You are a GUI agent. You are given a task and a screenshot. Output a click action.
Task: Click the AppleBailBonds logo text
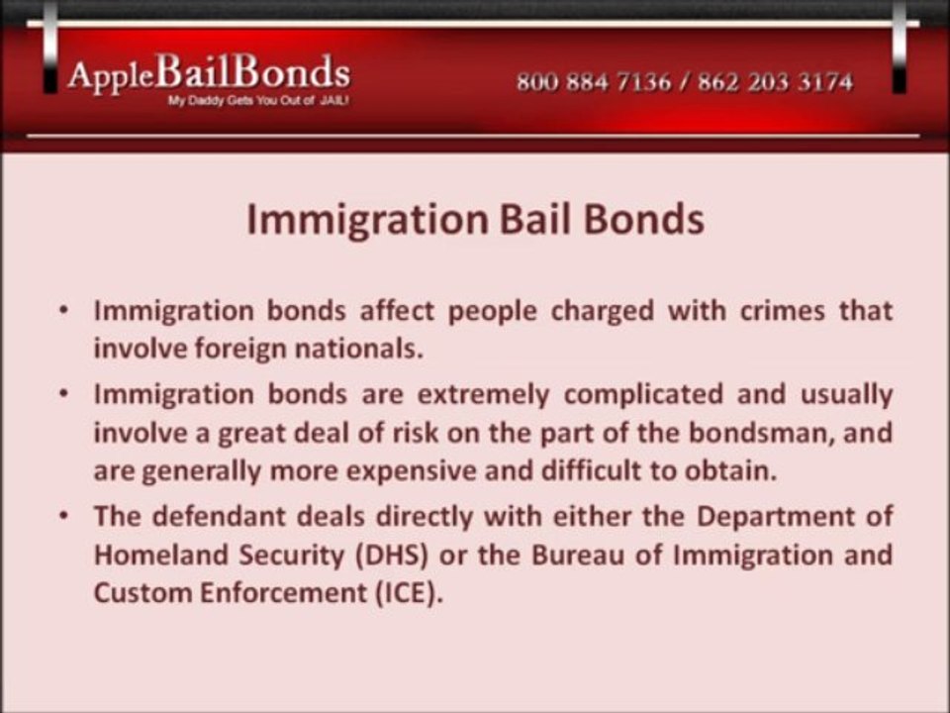[208, 74]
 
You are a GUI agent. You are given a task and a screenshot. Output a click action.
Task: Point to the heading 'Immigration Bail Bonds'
[475, 219]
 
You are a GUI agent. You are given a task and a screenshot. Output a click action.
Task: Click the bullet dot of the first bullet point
[63, 311]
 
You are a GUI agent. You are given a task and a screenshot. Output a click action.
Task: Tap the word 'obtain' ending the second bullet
[730, 470]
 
